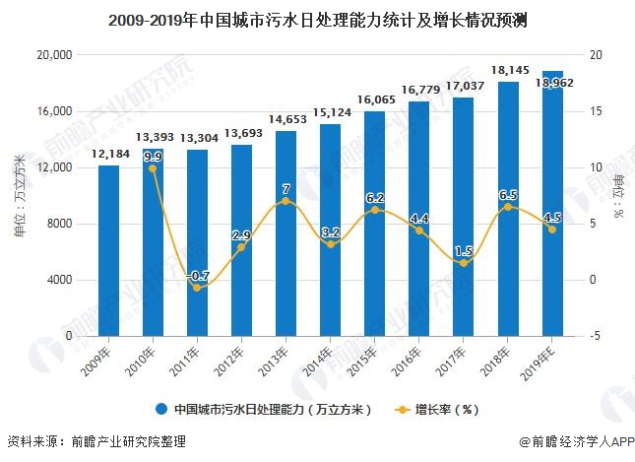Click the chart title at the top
[x=317, y=19]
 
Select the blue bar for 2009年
[x=108, y=250]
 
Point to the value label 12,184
[x=108, y=155]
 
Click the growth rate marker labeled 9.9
[x=153, y=168]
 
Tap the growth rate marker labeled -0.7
[x=197, y=288]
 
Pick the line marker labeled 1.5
[x=463, y=263]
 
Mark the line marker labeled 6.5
[x=507, y=207]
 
